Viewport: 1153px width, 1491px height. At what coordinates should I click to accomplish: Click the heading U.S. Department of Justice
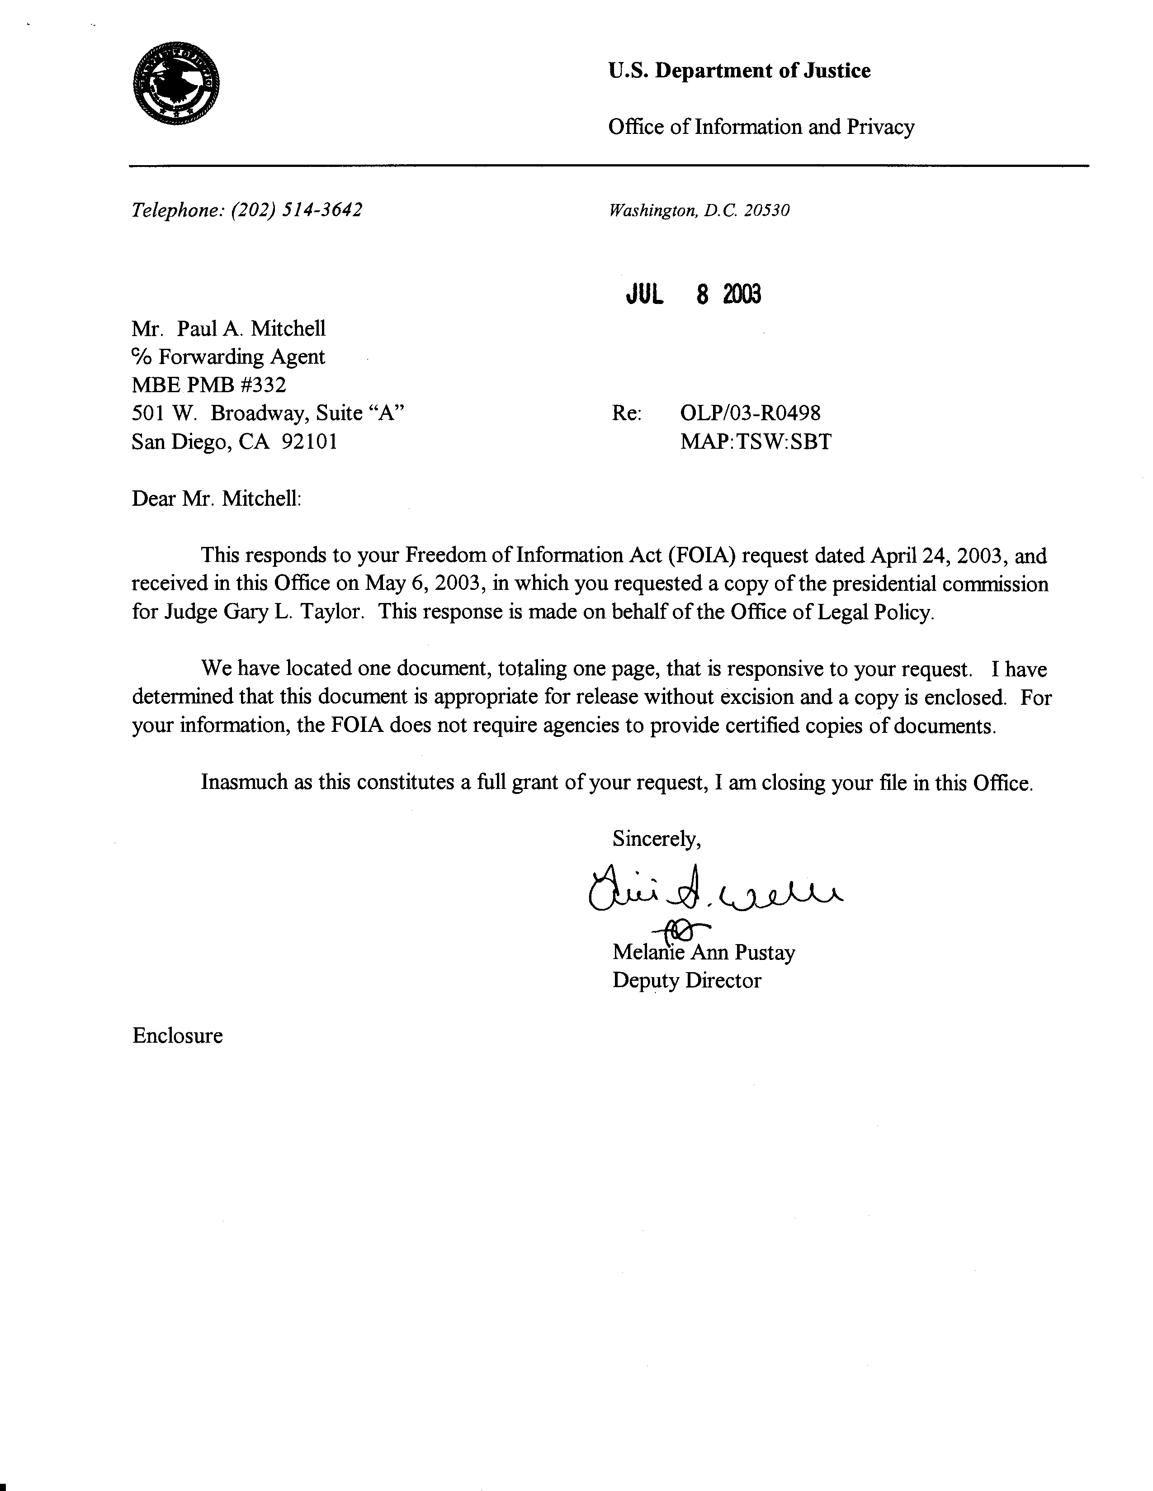(739, 71)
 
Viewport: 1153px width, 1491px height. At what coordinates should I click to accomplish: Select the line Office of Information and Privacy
(761, 127)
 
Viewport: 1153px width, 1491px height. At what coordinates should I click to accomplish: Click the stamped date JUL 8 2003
(693, 294)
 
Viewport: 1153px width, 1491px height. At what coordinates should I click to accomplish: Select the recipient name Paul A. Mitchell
(251, 329)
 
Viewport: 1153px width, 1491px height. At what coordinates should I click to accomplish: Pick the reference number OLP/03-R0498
(750, 413)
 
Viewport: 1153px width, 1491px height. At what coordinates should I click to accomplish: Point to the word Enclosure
(177, 1035)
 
